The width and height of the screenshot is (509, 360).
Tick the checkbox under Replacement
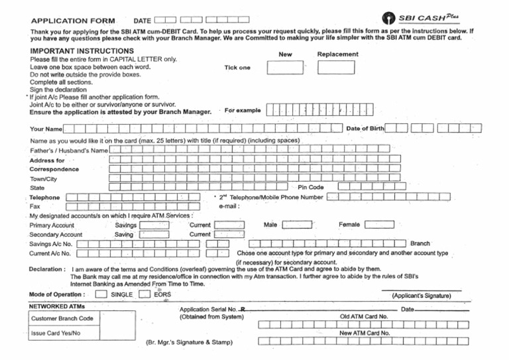click(336, 68)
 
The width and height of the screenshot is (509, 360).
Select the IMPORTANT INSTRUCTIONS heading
click(82, 51)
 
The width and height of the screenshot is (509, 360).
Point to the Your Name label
click(46, 129)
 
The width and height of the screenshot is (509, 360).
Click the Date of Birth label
click(365, 128)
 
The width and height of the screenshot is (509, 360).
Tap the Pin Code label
click(311, 188)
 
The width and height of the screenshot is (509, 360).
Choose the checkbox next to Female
click(379, 225)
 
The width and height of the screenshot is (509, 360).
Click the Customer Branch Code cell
click(62, 318)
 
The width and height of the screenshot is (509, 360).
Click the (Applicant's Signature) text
click(422, 296)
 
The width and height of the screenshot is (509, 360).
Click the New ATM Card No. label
click(364, 333)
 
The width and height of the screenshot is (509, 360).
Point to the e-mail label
click(229, 206)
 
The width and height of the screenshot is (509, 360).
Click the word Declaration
click(46, 269)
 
